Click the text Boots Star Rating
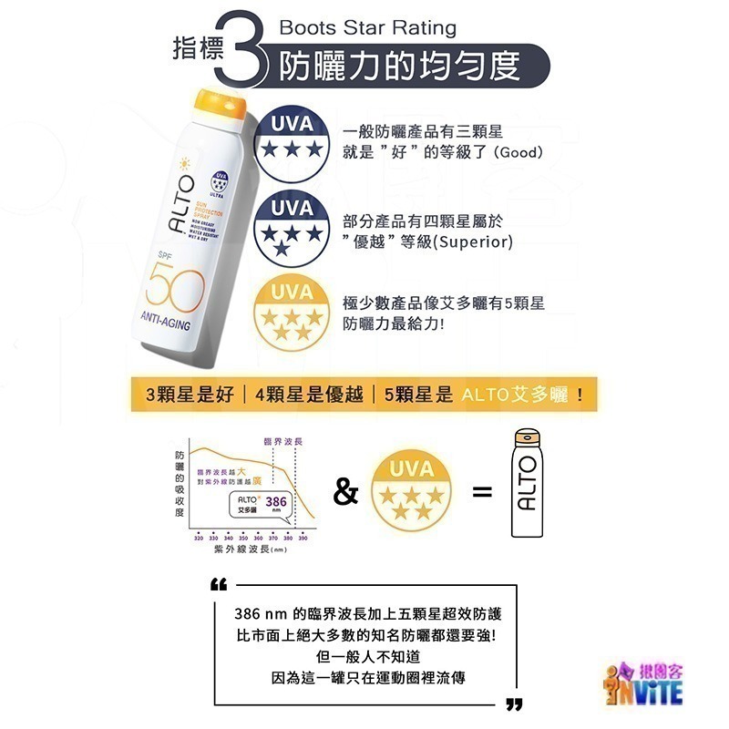point(367,28)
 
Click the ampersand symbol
point(345,494)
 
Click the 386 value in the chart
point(276,501)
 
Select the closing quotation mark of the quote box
point(513,703)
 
